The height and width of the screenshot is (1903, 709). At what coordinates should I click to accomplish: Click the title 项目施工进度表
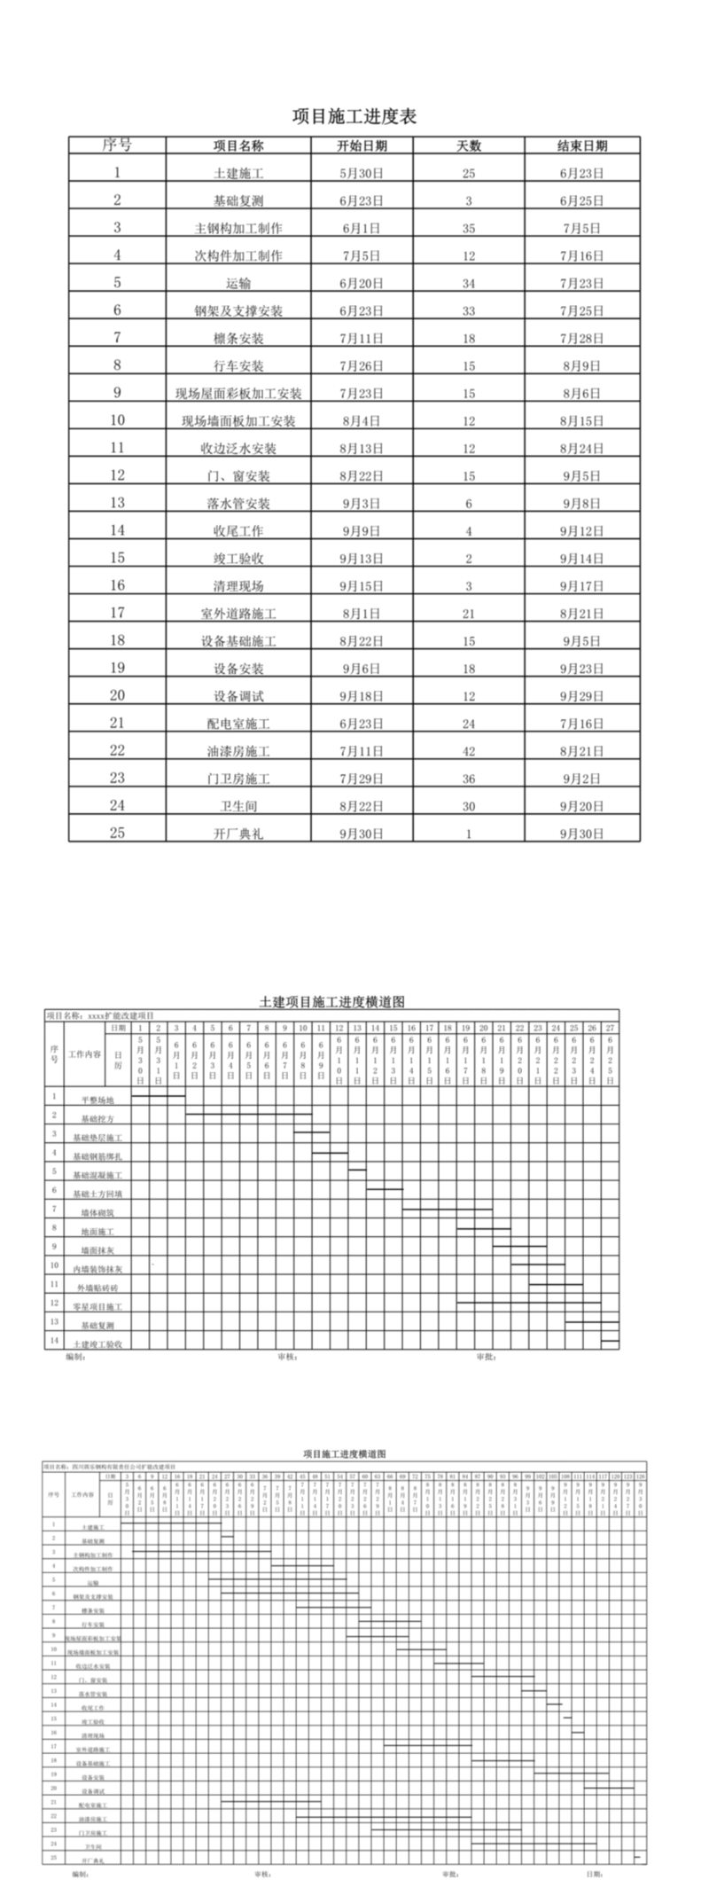click(x=354, y=116)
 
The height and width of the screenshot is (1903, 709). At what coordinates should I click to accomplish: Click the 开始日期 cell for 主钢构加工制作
click(x=362, y=229)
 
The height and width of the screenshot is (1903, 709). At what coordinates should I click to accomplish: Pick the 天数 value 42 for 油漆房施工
click(x=469, y=752)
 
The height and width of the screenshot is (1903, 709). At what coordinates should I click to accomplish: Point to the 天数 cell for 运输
click(x=469, y=284)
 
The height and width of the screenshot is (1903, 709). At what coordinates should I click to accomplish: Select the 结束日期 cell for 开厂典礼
click(x=581, y=834)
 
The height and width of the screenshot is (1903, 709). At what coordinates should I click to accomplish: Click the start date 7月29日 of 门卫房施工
click(x=362, y=779)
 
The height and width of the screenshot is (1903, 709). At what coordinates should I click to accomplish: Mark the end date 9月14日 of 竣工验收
click(x=581, y=560)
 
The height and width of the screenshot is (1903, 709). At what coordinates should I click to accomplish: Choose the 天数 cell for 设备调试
click(x=469, y=697)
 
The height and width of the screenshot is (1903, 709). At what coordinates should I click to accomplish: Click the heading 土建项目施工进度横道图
click(x=331, y=1002)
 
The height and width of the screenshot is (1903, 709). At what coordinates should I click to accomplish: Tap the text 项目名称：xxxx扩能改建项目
click(x=100, y=1015)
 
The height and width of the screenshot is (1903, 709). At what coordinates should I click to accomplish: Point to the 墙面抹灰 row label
click(x=97, y=1250)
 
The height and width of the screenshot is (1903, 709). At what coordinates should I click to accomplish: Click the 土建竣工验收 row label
click(x=97, y=1344)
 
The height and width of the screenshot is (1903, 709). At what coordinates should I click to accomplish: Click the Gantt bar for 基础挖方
click(x=248, y=1114)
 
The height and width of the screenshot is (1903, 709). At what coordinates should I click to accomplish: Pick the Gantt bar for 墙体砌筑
click(x=447, y=1209)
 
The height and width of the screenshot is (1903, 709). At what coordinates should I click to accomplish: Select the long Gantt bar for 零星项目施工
click(x=528, y=1303)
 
